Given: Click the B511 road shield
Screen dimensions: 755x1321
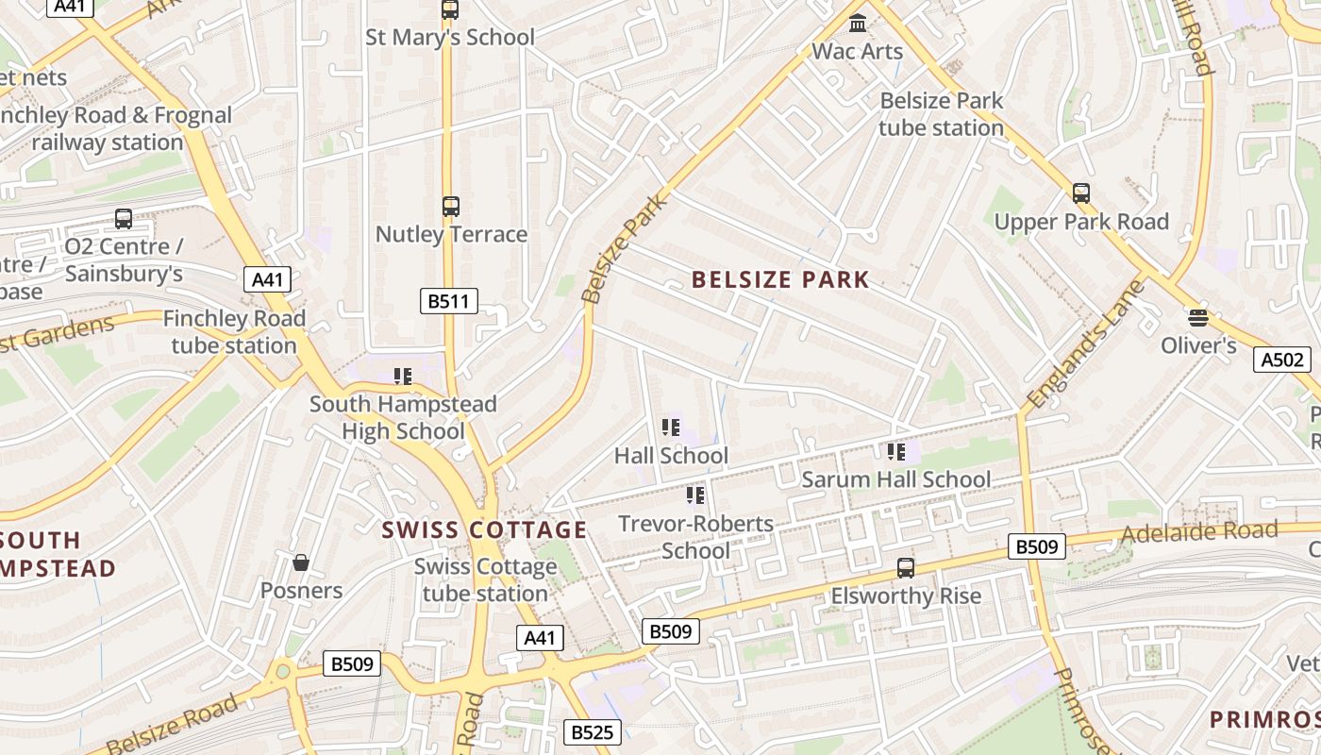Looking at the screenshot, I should (x=448, y=301).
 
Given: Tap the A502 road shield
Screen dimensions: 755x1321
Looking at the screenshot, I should (x=1282, y=360).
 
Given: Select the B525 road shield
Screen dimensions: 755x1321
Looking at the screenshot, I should (x=593, y=731).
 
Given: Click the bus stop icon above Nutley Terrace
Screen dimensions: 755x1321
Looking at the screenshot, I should (x=451, y=206).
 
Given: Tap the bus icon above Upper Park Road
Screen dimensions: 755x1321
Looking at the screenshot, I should (x=1081, y=193).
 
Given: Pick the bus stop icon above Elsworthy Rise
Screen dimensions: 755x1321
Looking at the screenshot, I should (x=906, y=567).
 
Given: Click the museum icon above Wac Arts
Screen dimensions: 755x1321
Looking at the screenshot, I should (x=858, y=23).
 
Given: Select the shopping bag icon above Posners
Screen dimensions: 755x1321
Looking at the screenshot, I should (x=301, y=562).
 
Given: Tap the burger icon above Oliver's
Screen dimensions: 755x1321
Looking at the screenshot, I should (x=1198, y=317).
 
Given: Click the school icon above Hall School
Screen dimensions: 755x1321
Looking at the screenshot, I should (x=671, y=428).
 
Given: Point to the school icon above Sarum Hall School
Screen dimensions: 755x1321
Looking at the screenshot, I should (x=895, y=452).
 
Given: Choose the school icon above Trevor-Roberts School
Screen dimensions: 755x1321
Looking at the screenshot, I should (x=695, y=495).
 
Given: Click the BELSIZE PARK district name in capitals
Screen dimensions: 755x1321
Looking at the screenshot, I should (x=780, y=279).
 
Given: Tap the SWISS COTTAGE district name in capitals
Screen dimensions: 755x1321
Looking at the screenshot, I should (x=484, y=530).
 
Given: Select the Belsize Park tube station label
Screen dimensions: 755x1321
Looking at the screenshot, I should (x=941, y=113).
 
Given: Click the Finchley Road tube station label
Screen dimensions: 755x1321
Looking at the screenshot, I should (x=234, y=332).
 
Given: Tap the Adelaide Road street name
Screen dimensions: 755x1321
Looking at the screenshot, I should (x=1198, y=532).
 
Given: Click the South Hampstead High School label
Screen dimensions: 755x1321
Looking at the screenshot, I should (x=403, y=418).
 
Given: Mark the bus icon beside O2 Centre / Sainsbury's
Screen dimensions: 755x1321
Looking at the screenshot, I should (x=124, y=219).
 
